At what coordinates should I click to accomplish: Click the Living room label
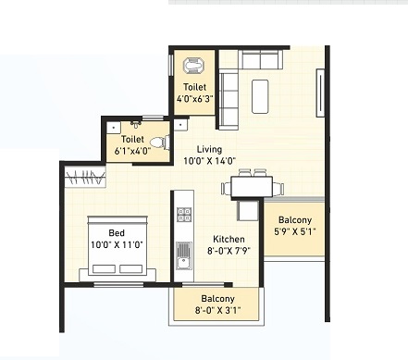(209, 150)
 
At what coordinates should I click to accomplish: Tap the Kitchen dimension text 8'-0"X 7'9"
(229, 251)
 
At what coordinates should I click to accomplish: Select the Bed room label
(117, 233)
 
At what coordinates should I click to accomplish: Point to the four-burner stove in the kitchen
(184, 215)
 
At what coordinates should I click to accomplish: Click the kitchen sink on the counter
(184, 256)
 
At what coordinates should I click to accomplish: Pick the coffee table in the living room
(260, 96)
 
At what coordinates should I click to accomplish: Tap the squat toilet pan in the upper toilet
(194, 66)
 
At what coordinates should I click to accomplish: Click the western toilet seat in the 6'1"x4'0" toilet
(159, 143)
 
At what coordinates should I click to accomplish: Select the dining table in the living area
(252, 187)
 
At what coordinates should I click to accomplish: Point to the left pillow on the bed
(104, 268)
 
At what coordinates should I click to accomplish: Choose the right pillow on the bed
(131, 268)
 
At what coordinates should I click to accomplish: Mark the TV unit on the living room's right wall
(320, 93)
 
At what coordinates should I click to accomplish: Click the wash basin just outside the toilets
(180, 126)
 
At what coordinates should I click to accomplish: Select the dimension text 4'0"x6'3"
(195, 99)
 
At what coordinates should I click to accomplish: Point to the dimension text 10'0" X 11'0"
(117, 245)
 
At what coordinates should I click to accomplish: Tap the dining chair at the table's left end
(226, 188)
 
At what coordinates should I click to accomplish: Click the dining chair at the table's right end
(278, 188)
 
